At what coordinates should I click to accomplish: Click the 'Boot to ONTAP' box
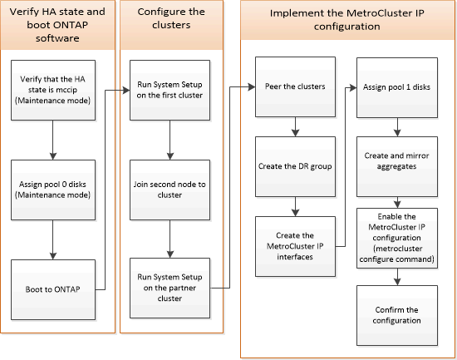point(53,289)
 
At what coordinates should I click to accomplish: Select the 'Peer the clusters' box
point(295,87)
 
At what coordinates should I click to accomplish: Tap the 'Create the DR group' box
point(295,166)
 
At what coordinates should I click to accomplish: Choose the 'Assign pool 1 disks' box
point(397,87)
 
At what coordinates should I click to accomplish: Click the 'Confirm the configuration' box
point(397,315)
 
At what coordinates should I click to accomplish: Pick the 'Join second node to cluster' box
point(170,190)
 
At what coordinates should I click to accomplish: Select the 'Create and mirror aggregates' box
point(397,166)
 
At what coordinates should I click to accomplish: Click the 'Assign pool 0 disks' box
point(53,190)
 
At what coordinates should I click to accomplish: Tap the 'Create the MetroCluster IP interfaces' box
point(295,246)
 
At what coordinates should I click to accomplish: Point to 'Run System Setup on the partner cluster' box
point(170,288)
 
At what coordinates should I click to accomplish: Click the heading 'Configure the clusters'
point(171,18)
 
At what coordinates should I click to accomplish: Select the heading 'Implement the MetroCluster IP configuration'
point(346,20)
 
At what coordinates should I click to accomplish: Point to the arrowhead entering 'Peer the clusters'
point(252,86)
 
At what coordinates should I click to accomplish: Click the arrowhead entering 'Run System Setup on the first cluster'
point(126,90)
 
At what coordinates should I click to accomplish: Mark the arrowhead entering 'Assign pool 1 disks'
point(353,87)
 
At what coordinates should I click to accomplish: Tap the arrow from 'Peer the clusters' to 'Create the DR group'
point(295,127)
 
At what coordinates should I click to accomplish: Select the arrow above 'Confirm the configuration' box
point(397,277)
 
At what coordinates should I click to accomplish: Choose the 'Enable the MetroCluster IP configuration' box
point(397,238)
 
